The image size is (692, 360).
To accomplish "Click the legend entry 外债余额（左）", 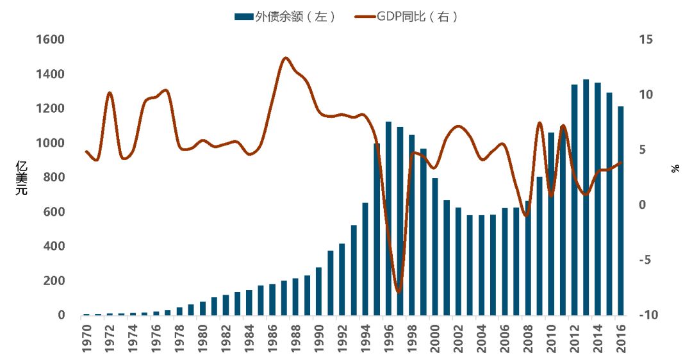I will coord(284,17).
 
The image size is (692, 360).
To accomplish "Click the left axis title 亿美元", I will coord(21,177).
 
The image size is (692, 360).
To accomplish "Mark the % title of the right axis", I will coord(675,169).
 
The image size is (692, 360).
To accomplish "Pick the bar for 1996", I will coord(388,218).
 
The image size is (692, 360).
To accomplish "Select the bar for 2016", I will coord(620,211).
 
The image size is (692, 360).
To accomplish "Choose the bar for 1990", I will coord(318,291).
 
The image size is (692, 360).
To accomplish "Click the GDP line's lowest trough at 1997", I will coord(399,292).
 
